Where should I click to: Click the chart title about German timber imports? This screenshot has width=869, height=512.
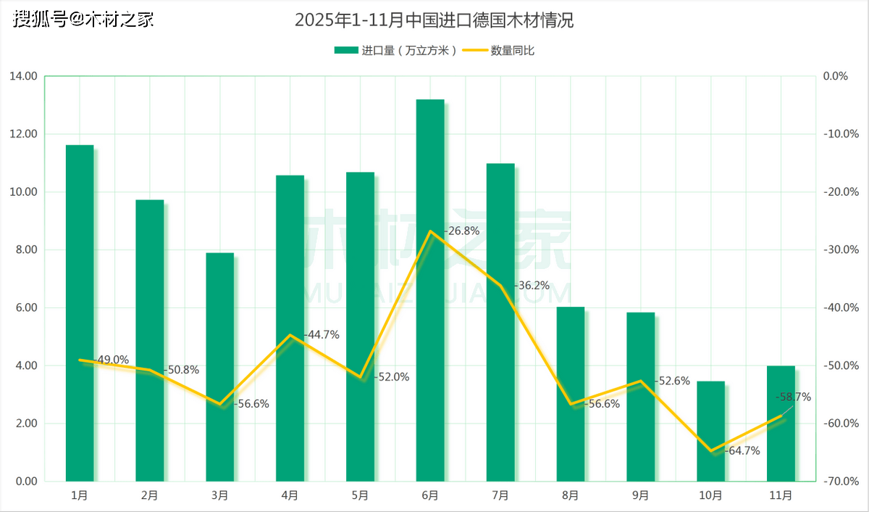point(434,20)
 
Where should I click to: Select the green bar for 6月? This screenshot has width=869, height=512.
point(430,290)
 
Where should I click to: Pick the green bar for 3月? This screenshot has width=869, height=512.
point(220,366)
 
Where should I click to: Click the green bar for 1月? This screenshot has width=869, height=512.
point(80,313)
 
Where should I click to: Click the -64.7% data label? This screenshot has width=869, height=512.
point(741,450)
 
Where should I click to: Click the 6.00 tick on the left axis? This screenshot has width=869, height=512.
point(26,307)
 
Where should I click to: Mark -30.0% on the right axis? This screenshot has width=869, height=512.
point(841,249)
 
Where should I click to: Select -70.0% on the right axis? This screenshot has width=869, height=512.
point(841,481)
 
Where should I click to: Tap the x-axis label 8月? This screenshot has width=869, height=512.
point(570,495)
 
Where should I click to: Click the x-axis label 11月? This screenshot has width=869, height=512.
point(781,495)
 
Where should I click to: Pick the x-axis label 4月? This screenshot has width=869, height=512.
point(290,495)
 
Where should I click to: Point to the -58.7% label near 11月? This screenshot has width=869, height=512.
point(793,397)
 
